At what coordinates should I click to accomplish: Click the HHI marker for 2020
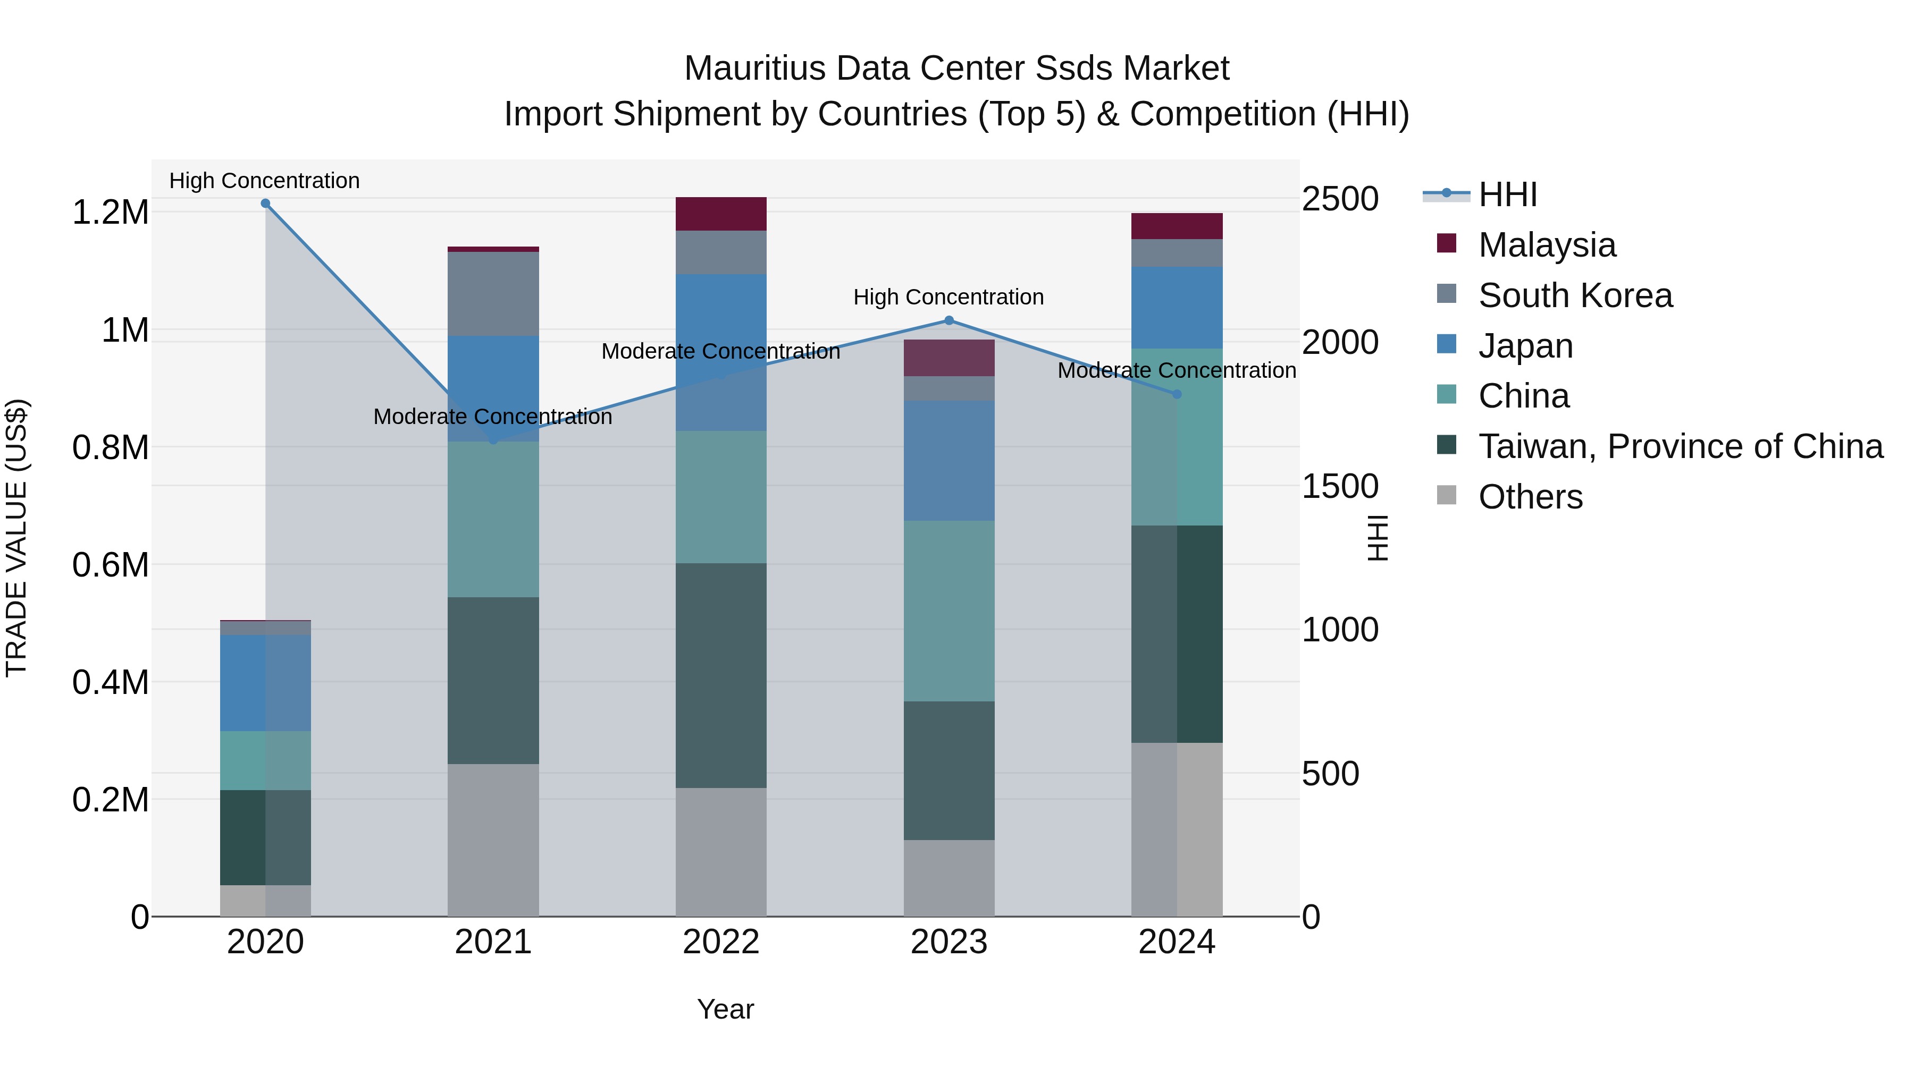265,204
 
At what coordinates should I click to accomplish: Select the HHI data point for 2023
949,321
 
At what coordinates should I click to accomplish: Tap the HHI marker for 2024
1177,394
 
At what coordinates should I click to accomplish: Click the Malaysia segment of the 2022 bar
721,214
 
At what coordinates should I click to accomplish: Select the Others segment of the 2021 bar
493,840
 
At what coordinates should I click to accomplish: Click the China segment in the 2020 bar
265,760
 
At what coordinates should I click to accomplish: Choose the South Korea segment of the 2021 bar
493,293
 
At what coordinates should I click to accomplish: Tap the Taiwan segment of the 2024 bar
1177,633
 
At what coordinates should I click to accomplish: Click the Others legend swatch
1447,495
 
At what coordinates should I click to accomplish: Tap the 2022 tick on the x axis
721,942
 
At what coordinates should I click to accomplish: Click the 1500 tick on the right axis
1340,486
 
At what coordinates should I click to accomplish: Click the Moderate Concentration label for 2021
493,417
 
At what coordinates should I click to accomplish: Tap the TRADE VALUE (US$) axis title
16,538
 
